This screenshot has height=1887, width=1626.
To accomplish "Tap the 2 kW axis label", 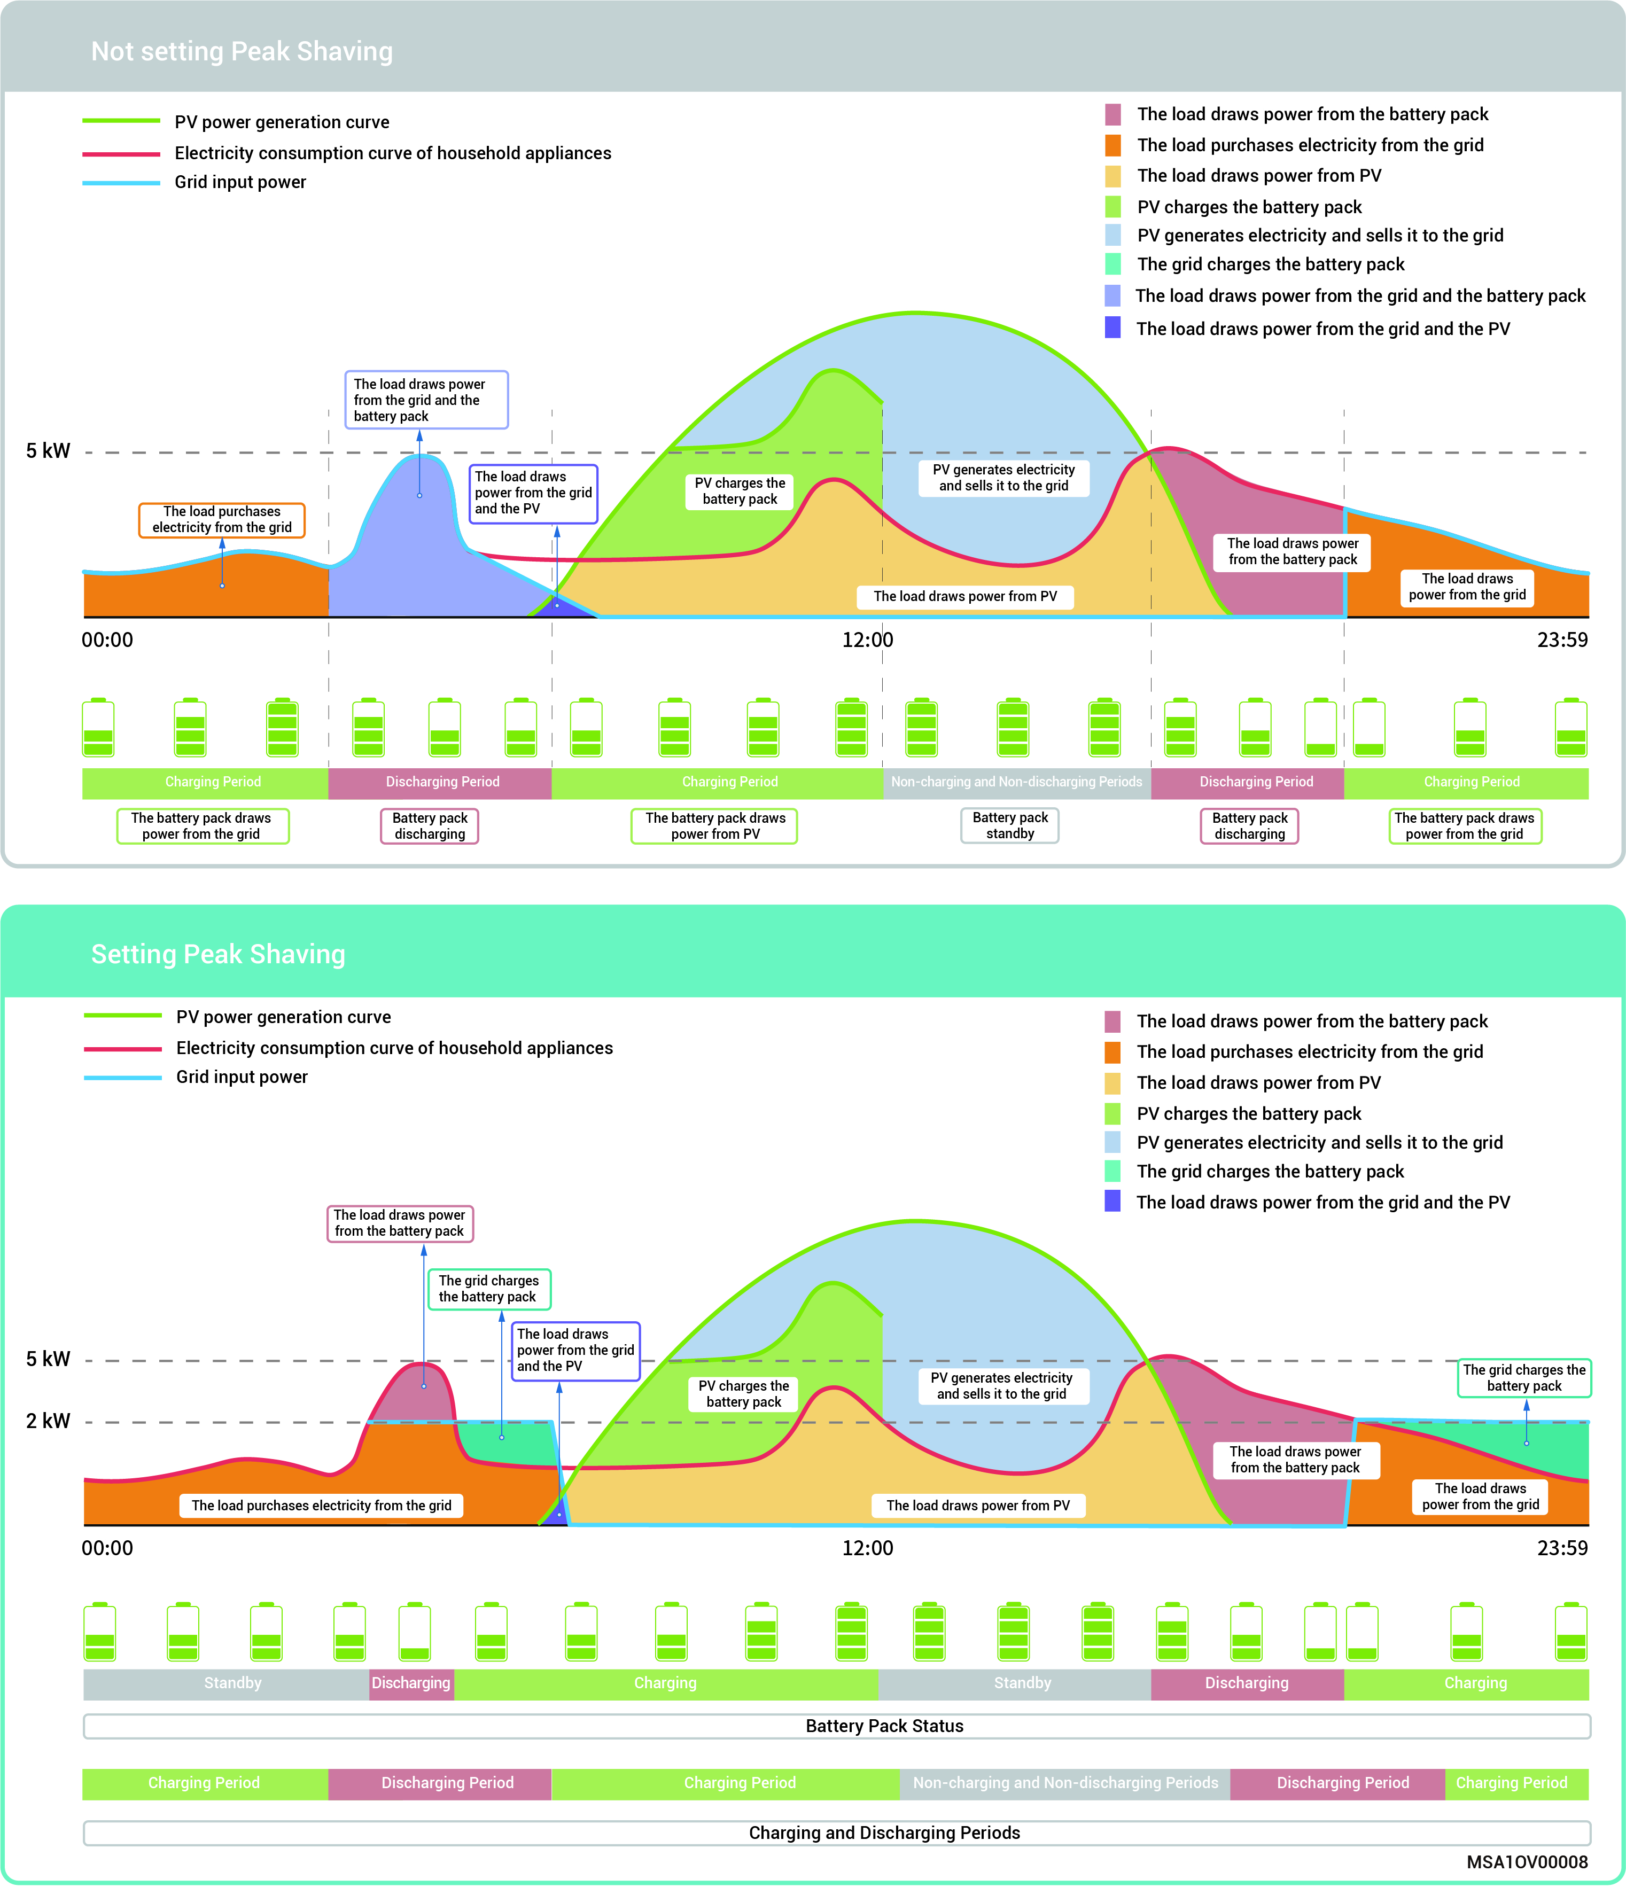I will point(48,1421).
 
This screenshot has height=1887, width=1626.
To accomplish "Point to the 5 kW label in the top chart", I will point(48,451).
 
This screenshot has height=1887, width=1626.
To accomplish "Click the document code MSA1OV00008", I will point(1527,1862).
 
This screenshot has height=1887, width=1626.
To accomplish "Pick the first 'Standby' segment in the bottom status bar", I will point(232,1683).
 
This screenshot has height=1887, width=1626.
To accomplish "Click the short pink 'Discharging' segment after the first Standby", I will point(411,1683).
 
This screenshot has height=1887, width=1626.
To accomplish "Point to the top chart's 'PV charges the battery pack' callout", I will point(740,491).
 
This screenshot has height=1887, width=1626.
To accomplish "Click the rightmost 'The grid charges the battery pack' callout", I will point(1524,1378).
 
